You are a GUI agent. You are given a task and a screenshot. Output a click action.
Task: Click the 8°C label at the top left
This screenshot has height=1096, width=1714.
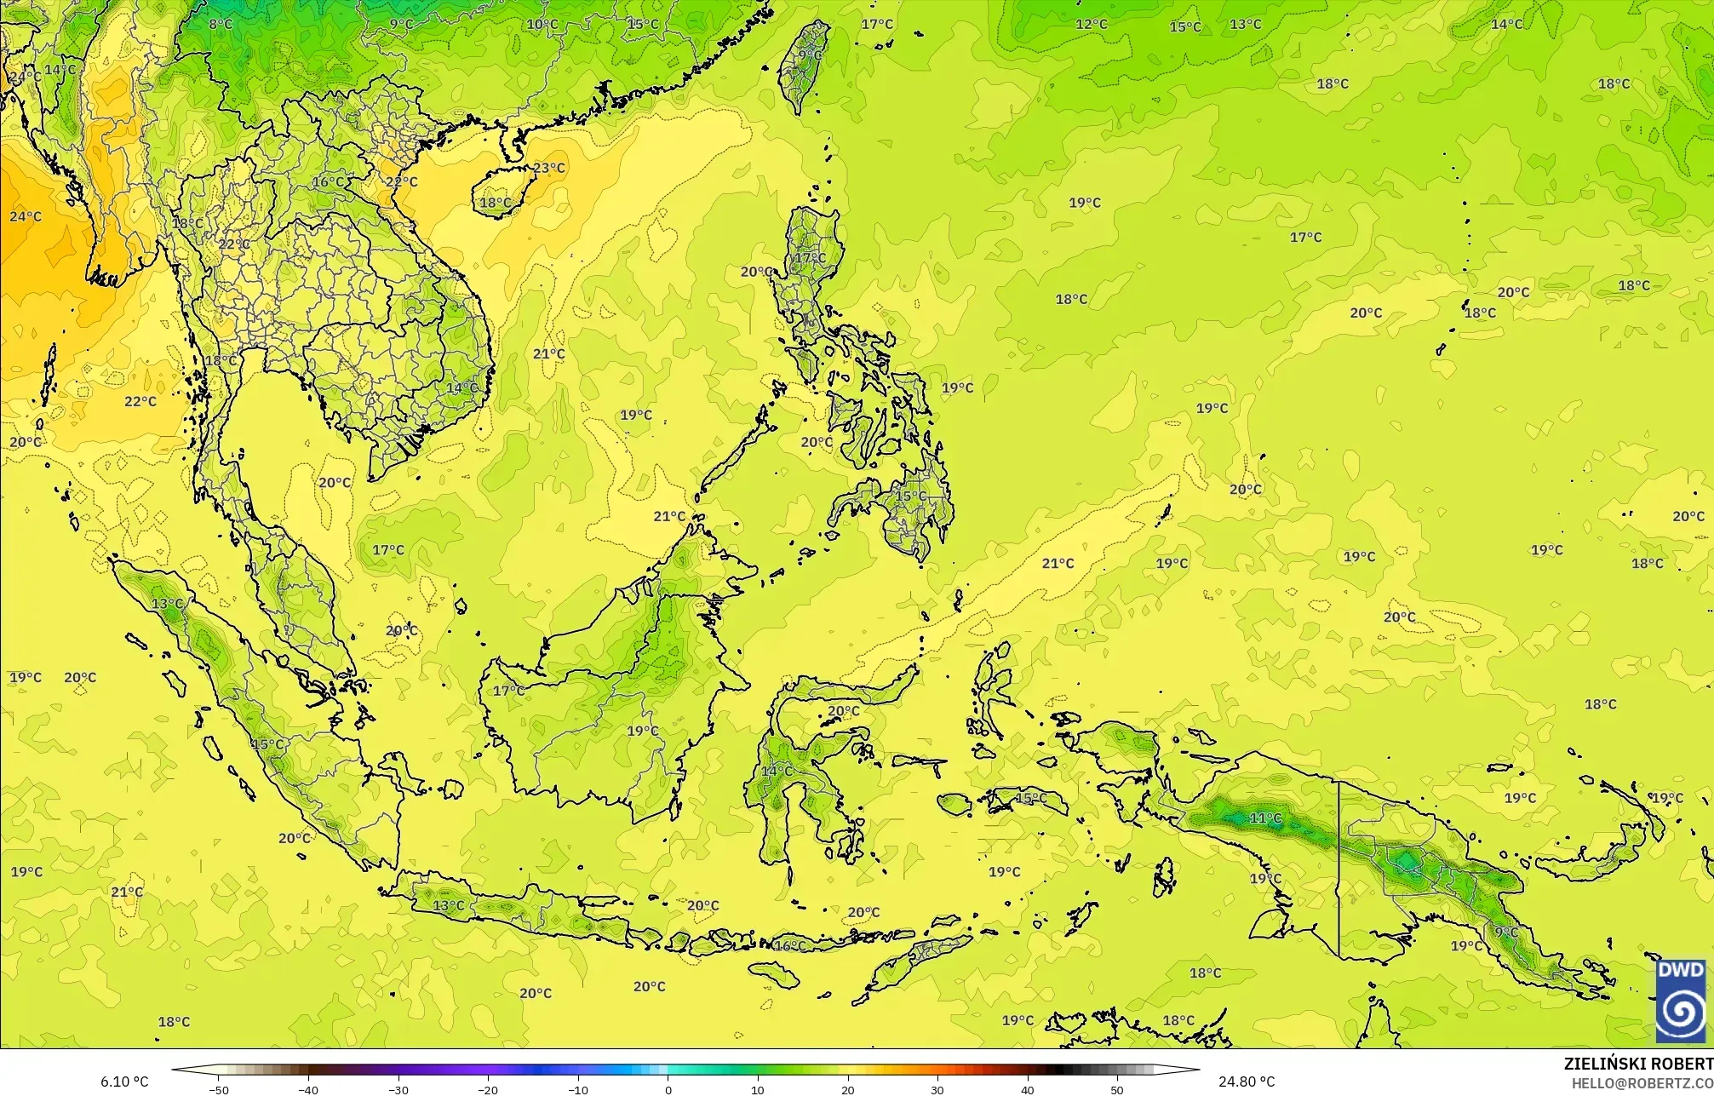[221, 24]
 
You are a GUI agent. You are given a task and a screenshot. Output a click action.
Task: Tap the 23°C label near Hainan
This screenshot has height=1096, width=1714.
[548, 168]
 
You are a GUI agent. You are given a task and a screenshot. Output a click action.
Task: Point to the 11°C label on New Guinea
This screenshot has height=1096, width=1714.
[1265, 818]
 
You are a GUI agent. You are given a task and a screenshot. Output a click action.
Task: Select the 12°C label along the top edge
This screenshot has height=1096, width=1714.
[1092, 24]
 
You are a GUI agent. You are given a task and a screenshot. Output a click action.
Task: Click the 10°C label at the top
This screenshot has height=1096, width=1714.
[542, 24]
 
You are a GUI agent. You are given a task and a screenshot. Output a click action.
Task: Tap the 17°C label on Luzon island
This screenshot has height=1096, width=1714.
[810, 257]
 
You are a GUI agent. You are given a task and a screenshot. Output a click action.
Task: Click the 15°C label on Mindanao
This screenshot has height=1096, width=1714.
[910, 496]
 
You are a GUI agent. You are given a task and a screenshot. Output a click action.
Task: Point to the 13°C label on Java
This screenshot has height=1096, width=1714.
[449, 905]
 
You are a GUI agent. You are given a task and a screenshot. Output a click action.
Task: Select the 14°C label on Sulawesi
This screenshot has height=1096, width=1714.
[777, 772]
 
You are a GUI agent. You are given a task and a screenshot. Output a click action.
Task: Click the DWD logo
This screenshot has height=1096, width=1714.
[1681, 1001]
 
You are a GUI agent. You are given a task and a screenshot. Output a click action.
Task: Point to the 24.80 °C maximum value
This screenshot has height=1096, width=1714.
[1246, 1082]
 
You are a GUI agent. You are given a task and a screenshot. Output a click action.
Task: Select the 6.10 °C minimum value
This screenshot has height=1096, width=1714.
[124, 1082]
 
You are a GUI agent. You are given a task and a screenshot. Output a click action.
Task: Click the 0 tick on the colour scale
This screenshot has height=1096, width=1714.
[668, 1090]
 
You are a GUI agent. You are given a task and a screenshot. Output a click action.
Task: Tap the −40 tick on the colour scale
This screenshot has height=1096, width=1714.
[308, 1090]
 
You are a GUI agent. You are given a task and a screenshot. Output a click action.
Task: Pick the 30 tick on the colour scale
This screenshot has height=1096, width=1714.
[937, 1090]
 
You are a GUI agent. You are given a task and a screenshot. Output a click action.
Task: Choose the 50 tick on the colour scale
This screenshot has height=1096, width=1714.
[1116, 1090]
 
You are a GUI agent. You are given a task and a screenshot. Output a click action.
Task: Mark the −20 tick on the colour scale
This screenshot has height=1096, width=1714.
[488, 1090]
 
